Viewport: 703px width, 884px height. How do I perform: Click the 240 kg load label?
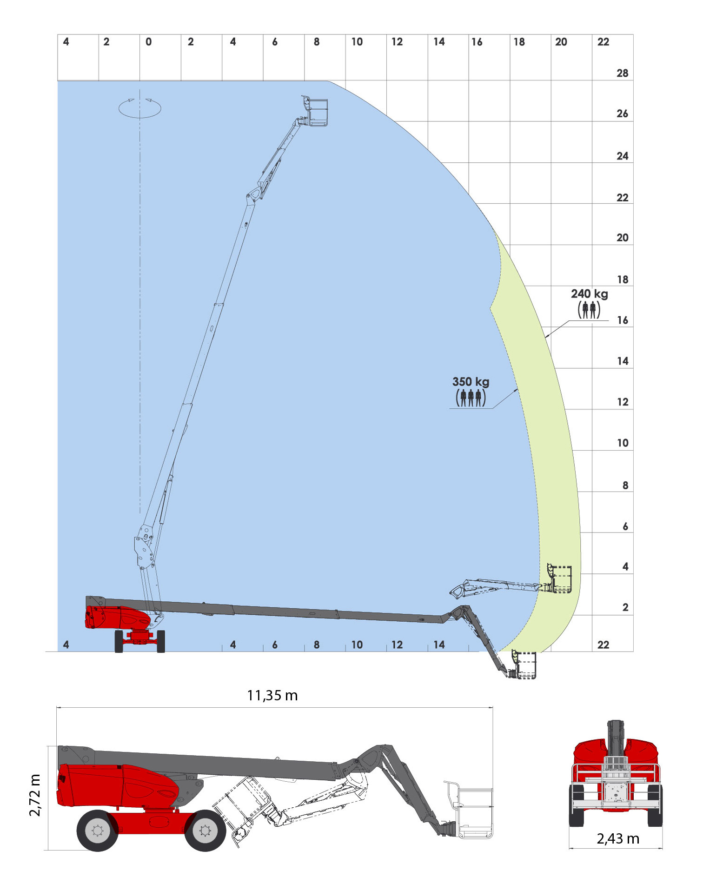tap(589, 294)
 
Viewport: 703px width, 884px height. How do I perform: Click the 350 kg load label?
tap(471, 382)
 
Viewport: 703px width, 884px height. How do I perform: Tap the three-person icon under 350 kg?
tap(471, 398)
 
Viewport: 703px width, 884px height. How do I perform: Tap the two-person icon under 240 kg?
tap(589, 310)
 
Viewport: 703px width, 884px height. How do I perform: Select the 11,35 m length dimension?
tap(272, 696)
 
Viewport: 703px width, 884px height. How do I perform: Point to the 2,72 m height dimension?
tap(35, 795)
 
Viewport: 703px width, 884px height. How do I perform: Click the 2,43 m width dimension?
tap(617, 839)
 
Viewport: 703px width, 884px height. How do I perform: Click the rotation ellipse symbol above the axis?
tap(139, 108)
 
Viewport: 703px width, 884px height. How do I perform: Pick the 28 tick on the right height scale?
tap(622, 73)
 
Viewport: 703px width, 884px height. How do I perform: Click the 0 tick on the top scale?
tap(148, 42)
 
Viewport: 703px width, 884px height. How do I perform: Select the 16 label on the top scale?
tap(477, 42)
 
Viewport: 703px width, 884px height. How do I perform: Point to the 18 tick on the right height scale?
tap(622, 279)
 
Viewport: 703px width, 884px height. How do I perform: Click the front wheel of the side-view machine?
tap(205, 830)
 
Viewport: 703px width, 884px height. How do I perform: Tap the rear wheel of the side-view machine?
tap(98, 830)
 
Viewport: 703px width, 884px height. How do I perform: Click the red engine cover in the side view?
tap(116, 786)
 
